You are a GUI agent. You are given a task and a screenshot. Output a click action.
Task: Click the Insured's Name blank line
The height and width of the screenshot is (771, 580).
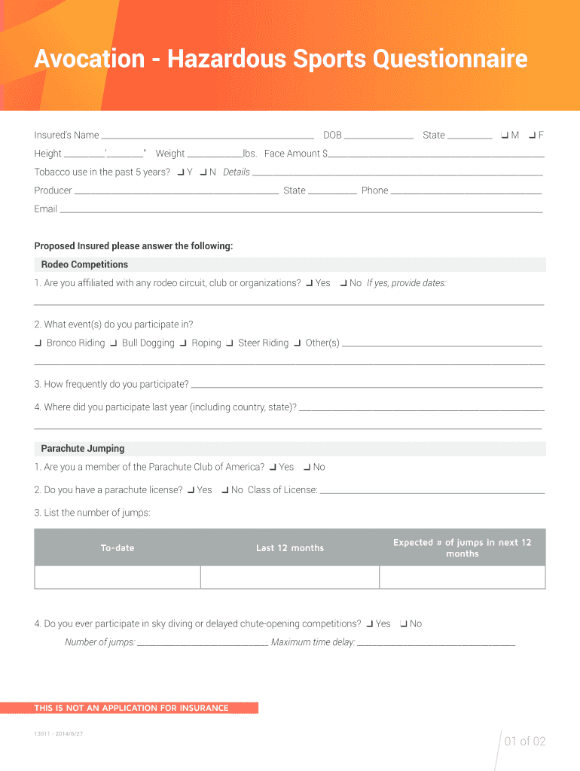coord(207,136)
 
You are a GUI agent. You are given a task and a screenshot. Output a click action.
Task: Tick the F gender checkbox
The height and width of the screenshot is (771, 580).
coord(533,136)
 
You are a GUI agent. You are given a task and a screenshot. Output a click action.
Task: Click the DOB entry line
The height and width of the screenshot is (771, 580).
coord(379,136)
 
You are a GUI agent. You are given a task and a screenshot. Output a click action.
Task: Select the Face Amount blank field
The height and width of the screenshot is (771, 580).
coord(436,154)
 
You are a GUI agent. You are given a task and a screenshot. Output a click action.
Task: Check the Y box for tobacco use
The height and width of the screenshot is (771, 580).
coord(181,172)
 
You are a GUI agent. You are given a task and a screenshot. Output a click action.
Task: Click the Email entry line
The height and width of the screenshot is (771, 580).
coord(301,209)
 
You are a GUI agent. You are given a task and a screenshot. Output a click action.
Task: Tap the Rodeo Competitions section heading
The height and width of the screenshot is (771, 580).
coord(84,265)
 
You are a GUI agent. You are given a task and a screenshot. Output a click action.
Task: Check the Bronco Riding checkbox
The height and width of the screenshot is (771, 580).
coord(38,343)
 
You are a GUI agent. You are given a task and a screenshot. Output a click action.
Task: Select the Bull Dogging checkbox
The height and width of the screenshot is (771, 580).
coord(114,343)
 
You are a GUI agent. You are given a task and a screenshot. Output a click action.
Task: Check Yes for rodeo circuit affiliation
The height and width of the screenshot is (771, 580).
coord(310,284)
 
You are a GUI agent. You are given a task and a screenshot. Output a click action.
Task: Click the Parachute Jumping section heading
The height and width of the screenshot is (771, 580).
coord(83,449)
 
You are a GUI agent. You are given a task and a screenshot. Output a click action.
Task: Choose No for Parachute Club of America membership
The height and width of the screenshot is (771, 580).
coord(307,468)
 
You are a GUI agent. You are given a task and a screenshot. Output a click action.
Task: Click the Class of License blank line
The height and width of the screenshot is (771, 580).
coord(432,490)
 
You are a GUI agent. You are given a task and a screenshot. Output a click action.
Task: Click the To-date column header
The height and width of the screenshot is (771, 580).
coord(118,548)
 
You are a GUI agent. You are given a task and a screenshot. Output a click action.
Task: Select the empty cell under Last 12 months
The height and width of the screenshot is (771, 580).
coord(289,577)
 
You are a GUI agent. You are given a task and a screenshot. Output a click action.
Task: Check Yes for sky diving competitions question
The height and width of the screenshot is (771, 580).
coord(370,624)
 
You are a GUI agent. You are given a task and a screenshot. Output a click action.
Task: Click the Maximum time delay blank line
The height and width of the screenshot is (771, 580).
coord(436,643)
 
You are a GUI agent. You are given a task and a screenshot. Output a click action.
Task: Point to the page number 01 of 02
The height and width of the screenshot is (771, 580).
coord(524,742)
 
